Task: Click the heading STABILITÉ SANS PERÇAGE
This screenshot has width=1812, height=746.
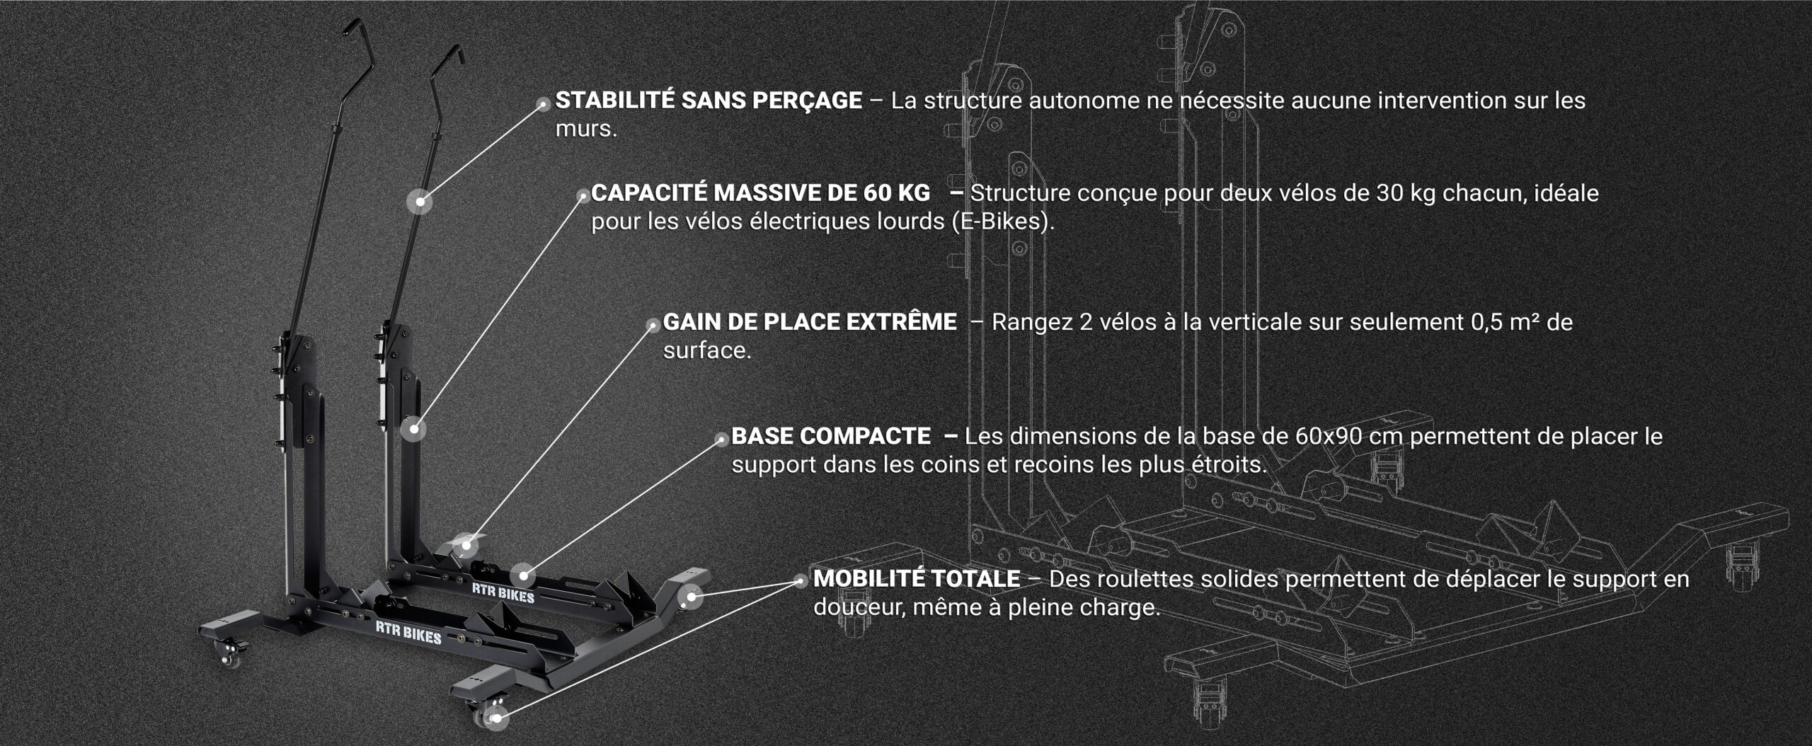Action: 709,101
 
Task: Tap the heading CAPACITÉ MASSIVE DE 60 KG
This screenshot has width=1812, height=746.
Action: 761,193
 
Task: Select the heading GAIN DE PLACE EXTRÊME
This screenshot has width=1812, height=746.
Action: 810,322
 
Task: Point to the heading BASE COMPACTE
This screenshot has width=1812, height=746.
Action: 831,436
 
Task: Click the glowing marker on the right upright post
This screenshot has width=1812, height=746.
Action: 414,429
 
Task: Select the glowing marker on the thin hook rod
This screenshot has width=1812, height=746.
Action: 420,202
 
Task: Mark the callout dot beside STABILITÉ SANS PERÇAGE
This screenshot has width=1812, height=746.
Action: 544,104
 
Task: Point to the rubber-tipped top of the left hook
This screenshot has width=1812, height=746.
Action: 352,27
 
